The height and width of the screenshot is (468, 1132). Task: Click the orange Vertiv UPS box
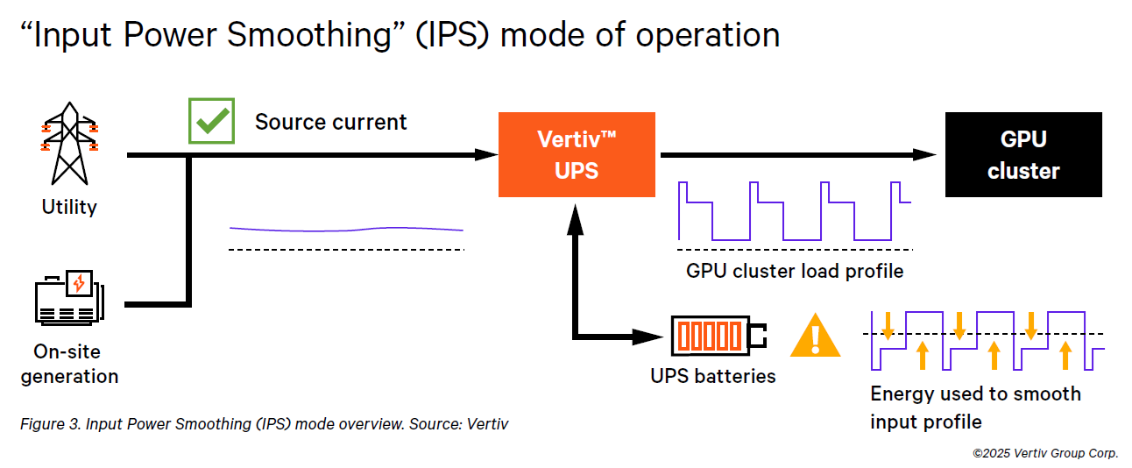[577, 154]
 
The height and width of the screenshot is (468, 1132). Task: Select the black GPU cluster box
[1023, 154]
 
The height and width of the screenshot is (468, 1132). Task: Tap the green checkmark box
[211, 121]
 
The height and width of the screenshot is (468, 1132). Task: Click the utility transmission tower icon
[70, 144]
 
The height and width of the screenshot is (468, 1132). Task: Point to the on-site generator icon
[70, 297]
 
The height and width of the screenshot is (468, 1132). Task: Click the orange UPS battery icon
[718, 336]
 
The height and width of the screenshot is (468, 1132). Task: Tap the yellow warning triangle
[815, 336]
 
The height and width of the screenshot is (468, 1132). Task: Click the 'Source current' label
[330, 123]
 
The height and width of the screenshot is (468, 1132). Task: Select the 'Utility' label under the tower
[69, 207]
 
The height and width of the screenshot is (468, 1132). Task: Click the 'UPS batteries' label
[712, 376]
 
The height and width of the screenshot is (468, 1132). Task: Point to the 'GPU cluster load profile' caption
[795, 272]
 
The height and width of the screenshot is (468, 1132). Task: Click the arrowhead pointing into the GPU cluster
[924, 154]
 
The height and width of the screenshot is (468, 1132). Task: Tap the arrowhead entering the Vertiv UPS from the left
[486, 154]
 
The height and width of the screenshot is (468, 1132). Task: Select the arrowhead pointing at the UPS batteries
[647, 337]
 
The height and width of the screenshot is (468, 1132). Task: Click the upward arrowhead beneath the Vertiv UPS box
[575, 219]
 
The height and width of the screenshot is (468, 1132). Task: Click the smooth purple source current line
[346, 230]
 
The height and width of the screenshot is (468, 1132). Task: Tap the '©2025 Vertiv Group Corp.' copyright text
[1045, 453]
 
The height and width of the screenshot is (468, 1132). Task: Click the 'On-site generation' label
[69, 364]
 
